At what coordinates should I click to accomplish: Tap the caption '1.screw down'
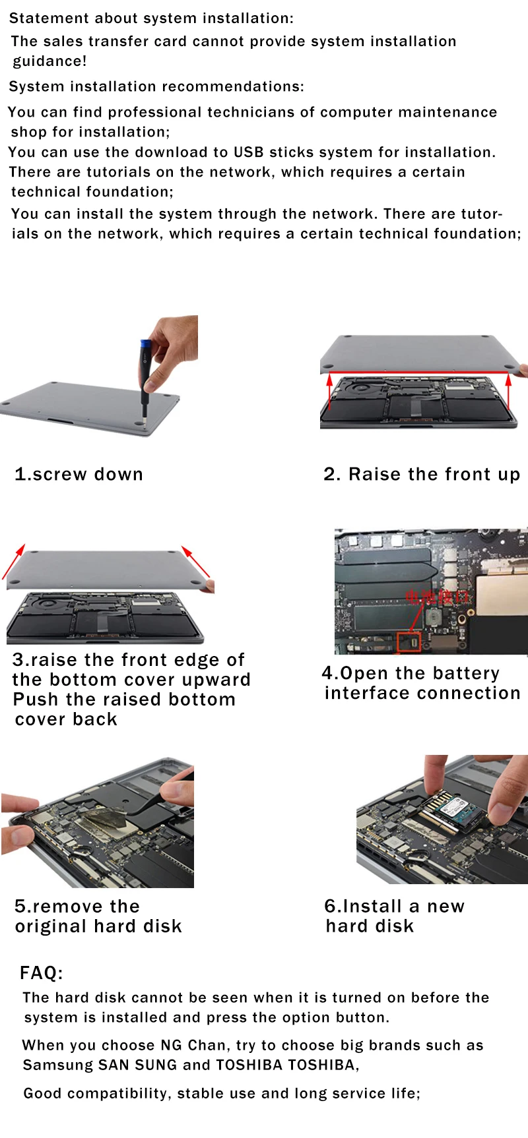79,474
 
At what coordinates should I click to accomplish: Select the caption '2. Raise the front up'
422,474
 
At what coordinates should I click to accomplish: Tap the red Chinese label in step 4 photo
437,597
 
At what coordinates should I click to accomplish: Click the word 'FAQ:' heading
42,973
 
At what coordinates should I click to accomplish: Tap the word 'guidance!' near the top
50,61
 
